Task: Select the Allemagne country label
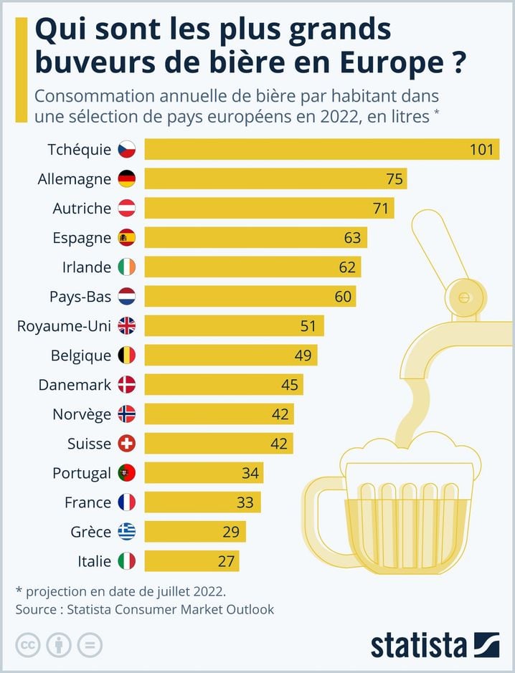pyautogui.click(x=75, y=178)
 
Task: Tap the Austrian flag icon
pyautogui.click(x=126, y=209)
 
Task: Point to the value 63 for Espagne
pyautogui.click(x=353, y=238)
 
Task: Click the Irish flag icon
pyautogui.click(x=126, y=267)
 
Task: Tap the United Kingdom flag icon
pyautogui.click(x=126, y=326)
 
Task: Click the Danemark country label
pyautogui.click(x=75, y=385)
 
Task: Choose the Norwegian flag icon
pyautogui.click(x=126, y=414)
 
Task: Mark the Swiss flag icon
pyautogui.click(x=126, y=444)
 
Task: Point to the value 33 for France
pyautogui.click(x=245, y=502)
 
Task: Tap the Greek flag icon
pyautogui.click(x=126, y=532)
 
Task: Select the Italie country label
pyautogui.click(x=94, y=561)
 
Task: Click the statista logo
pyautogui.click(x=435, y=645)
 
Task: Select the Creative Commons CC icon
pyautogui.click(x=27, y=645)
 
